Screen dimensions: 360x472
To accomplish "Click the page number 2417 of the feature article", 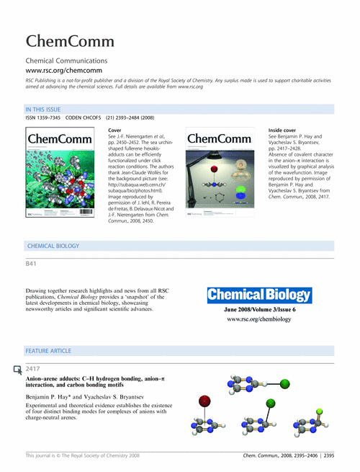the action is pos(33,369).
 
